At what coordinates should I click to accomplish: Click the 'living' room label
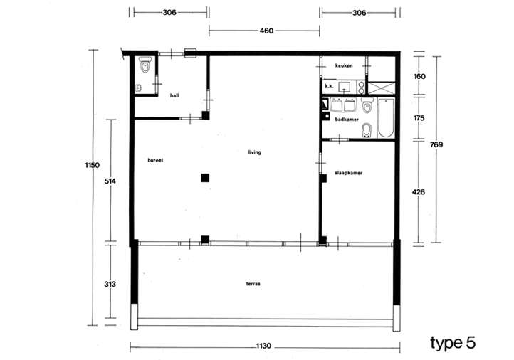click(x=254, y=152)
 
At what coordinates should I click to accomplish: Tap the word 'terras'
click(x=253, y=284)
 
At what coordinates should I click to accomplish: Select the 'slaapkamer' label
click(x=348, y=173)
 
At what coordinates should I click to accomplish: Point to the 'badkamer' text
click(x=347, y=120)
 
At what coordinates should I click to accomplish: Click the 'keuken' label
click(x=344, y=65)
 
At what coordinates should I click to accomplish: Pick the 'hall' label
click(x=174, y=95)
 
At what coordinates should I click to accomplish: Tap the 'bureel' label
click(x=155, y=160)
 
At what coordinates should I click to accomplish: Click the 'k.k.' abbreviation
click(x=329, y=86)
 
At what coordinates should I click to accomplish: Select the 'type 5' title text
click(x=453, y=343)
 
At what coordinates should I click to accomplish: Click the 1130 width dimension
click(x=263, y=346)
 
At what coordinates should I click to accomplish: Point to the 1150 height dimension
click(x=92, y=165)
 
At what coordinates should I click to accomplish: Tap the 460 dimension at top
click(x=266, y=31)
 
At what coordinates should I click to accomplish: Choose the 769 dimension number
click(x=436, y=144)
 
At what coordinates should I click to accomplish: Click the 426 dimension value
click(x=419, y=192)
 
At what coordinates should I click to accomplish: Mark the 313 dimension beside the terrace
click(x=110, y=284)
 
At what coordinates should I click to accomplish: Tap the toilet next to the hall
click(x=145, y=65)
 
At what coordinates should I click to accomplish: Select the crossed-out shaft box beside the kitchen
click(x=382, y=88)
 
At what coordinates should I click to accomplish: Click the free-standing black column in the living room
click(x=205, y=178)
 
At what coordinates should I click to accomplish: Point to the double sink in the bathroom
click(x=343, y=105)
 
